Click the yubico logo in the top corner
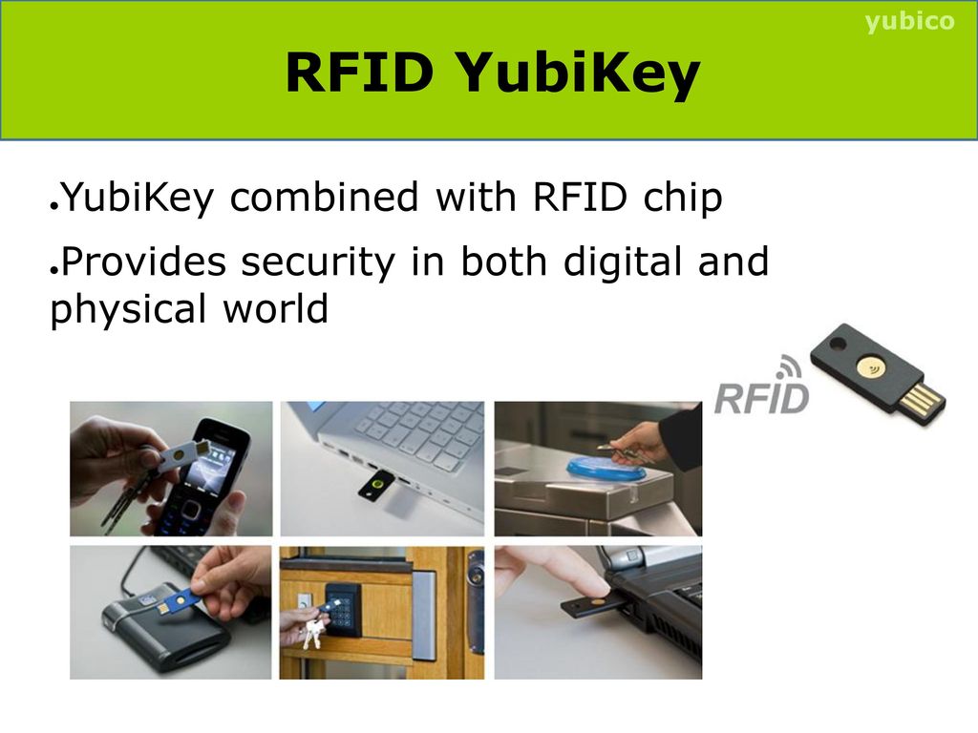[909, 22]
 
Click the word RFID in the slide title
[359, 73]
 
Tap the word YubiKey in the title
[579, 75]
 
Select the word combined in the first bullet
[324, 197]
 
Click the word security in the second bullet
[318, 263]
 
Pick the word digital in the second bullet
[623, 262]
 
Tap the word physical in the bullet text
[129, 310]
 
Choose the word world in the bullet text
[276, 308]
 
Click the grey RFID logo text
[761, 399]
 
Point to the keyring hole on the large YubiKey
[837, 344]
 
